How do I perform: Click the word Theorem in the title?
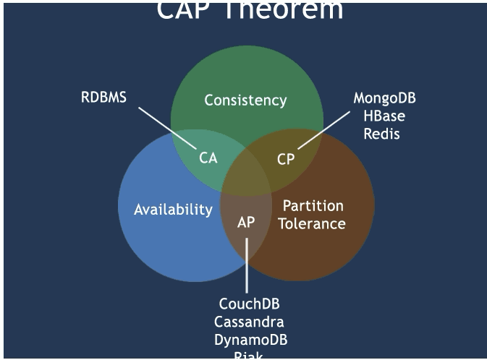(292, 11)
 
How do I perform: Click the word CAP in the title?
(185, 11)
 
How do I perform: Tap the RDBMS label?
(103, 97)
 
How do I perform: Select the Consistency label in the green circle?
(245, 100)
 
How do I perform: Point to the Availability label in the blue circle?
(173, 210)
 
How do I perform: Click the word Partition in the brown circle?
(313, 206)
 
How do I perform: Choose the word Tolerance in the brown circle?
(312, 223)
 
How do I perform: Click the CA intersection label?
(208, 158)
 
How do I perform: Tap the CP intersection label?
(286, 159)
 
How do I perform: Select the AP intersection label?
(246, 222)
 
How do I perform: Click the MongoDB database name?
(384, 98)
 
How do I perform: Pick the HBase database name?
(384, 116)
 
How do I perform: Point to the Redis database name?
(381, 133)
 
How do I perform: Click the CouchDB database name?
(249, 304)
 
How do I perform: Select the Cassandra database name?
(249, 322)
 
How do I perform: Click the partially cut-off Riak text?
(249, 355)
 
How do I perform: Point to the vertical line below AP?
(246, 264)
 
